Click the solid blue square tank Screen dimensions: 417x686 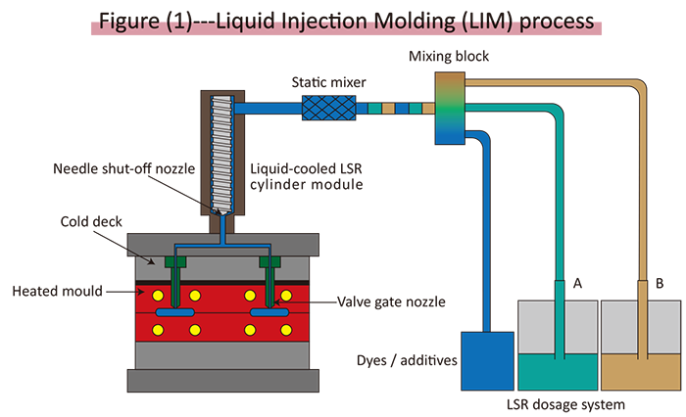[487, 359]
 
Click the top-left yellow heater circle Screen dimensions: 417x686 [154, 295]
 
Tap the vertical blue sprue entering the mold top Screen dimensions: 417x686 [223, 229]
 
